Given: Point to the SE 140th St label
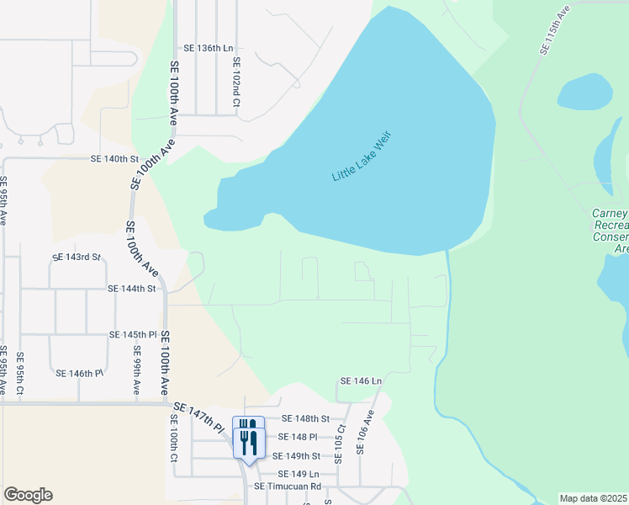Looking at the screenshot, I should tap(114, 159).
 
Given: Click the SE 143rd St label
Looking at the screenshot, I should tap(76, 257).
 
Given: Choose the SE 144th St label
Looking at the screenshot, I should tap(132, 288).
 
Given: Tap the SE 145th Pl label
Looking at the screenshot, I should tap(133, 334).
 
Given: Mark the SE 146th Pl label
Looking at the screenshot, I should tap(79, 373).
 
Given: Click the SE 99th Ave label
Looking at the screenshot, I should tap(136, 375).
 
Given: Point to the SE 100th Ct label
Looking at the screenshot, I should tap(174, 439).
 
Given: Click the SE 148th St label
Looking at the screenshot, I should tap(305, 418).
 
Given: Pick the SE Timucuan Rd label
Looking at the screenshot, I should tap(288, 486).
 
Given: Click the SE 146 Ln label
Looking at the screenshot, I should tap(361, 381).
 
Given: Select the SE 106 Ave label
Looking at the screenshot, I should tap(364, 433).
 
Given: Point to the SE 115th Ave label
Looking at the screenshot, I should tap(555, 30).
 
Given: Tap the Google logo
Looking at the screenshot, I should tap(28, 495).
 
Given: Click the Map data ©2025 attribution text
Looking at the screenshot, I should tap(592, 498).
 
